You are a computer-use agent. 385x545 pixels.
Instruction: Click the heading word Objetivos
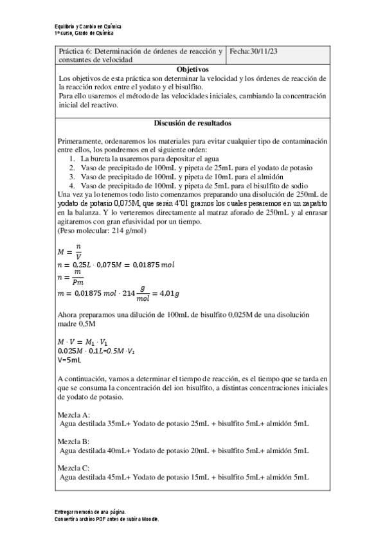point(192,69)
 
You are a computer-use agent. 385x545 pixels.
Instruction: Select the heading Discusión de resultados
point(192,123)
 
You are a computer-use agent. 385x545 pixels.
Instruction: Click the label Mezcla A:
point(74,415)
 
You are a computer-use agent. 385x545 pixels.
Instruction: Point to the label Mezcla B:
point(74,442)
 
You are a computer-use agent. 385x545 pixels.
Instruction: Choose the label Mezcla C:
point(74,469)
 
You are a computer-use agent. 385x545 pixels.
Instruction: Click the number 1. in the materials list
point(71,158)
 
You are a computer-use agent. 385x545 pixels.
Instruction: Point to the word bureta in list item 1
point(100,158)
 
